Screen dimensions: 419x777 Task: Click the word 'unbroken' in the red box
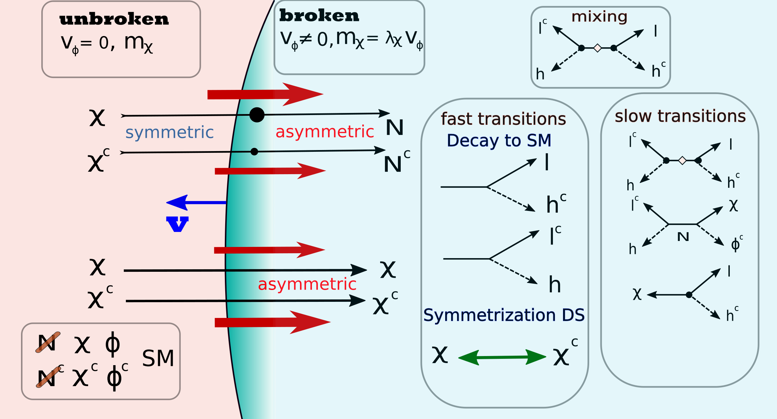(x=114, y=20)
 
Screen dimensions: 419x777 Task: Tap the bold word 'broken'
(x=319, y=16)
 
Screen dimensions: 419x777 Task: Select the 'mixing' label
(x=599, y=17)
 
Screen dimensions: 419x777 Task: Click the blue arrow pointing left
(x=196, y=203)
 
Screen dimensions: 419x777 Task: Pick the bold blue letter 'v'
(x=178, y=224)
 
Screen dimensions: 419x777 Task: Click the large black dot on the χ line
(x=257, y=115)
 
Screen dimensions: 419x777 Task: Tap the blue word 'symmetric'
(x=169, y=133)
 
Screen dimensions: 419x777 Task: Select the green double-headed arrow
(x=502, y=357)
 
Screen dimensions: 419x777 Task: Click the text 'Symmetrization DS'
(x=504, y=315)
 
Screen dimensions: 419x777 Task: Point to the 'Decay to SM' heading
(x=499, y=141)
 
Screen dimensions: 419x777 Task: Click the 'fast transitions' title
(x=503, y=119)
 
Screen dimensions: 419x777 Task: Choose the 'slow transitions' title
(x=680, y=116)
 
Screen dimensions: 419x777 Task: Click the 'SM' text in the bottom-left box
(x=158, y=358)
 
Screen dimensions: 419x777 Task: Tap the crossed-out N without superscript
(x=48, y=343)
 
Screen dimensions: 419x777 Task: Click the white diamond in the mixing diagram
(x=598, y=48)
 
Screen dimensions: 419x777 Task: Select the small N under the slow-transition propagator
(x=683, y=237)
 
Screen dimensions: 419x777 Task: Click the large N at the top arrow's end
(x=395, y=127)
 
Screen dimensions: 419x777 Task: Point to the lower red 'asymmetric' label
(x=307, y=284)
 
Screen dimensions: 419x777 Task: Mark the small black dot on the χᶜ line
(x=255, y=152)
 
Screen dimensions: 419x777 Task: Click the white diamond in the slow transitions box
(x=682, y=161)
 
